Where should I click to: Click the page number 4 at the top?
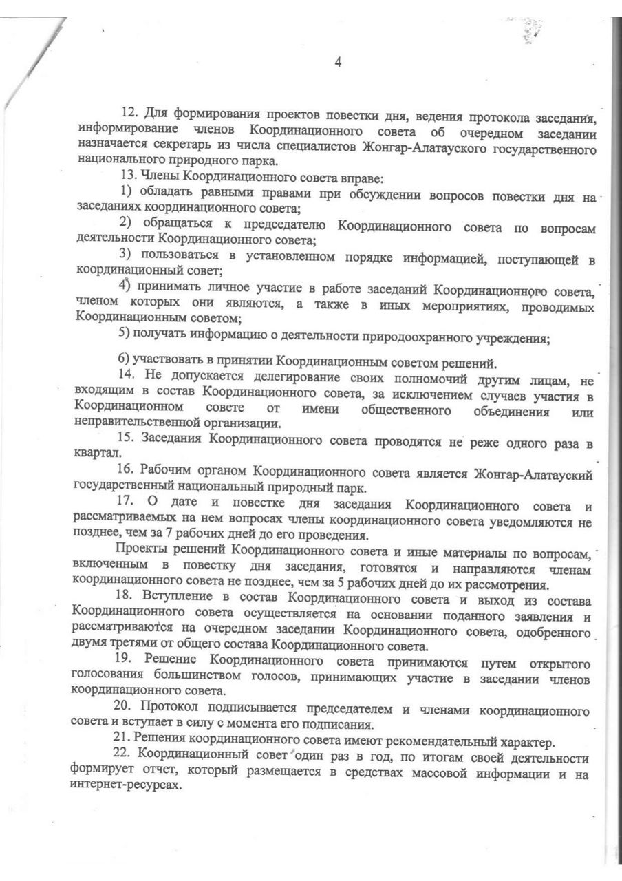338,62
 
